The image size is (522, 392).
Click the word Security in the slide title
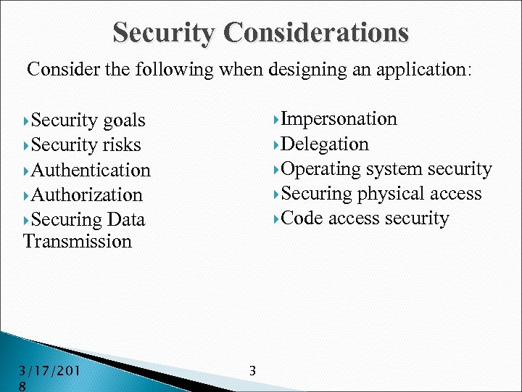(165, 32)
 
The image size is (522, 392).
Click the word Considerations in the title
(316, 32)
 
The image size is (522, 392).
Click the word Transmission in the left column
(78, 241)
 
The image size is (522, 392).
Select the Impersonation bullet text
(339, 119)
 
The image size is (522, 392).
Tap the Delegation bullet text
(325, 144)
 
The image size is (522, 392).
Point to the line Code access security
(365, 219)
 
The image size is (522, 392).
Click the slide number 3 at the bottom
(252, 371)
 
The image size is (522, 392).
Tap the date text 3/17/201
(50, 372)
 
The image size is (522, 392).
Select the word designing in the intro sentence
(299, 70)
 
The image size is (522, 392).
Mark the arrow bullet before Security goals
(27, 121)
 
